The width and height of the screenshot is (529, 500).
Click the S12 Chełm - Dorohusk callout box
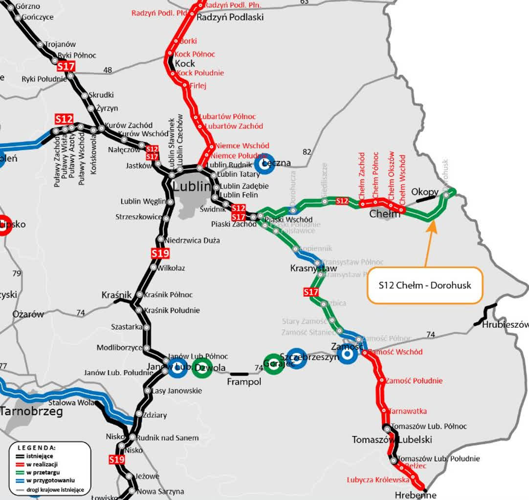424,285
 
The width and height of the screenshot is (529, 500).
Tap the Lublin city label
192,187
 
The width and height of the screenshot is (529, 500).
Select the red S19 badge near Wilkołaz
160,253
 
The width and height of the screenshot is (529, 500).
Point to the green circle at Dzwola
201,368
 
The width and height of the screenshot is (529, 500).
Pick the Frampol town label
244,381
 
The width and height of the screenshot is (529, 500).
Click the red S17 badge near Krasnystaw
311,292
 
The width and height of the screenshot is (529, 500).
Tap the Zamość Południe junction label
414,381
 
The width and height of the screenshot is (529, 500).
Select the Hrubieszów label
505,325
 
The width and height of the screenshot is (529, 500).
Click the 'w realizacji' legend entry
42,464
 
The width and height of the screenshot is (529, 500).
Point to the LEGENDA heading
37,447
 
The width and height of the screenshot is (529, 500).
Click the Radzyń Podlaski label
230,17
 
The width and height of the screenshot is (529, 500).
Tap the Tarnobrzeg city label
32,412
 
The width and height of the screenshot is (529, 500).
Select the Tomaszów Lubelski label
392,440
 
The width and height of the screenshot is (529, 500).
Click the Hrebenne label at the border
416,495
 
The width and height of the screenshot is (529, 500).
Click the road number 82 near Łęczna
307,152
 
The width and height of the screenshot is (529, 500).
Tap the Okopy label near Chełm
424,192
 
